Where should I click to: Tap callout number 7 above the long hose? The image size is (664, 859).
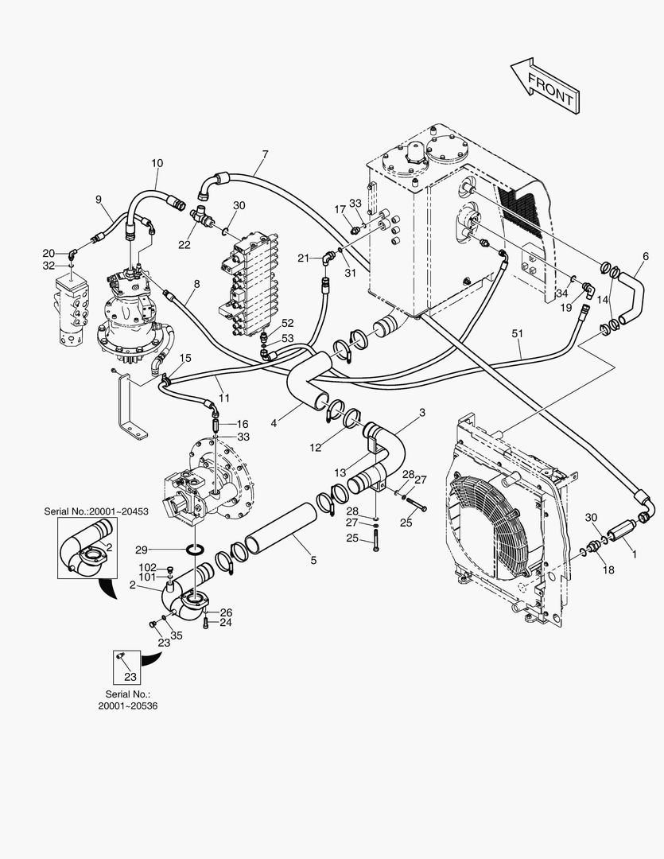point(265,154)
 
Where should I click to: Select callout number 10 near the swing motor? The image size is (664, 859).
point(157,163)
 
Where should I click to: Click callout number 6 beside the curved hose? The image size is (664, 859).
point(646,256)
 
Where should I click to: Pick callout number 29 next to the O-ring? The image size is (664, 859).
point(141,550)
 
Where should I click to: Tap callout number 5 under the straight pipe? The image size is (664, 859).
point(313,561)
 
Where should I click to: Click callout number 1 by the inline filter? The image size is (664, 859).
point(634,548)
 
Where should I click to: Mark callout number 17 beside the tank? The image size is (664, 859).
point(340,210)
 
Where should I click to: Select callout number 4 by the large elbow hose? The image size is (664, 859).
point(274,423)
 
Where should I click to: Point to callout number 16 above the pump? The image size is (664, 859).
point(243,424)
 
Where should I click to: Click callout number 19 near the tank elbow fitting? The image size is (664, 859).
point(566,306)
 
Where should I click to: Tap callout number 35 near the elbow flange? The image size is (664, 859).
point(177,636)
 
